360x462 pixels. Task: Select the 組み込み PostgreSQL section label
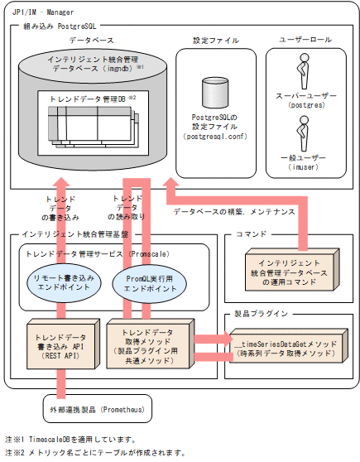[56, 27]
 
